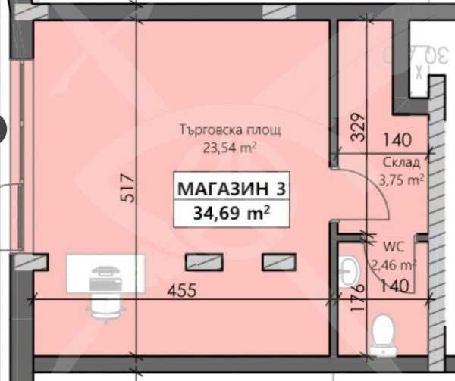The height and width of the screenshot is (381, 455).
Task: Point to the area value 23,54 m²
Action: coord(228,147)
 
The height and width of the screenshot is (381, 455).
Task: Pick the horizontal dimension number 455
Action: coord(183,289)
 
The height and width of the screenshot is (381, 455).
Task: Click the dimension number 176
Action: coord(360,297)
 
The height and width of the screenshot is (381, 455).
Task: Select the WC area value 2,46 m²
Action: coord(391,264)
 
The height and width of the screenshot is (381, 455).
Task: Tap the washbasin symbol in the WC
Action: coord(350,271)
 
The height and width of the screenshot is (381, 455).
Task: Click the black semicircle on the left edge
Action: coord(3,129)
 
